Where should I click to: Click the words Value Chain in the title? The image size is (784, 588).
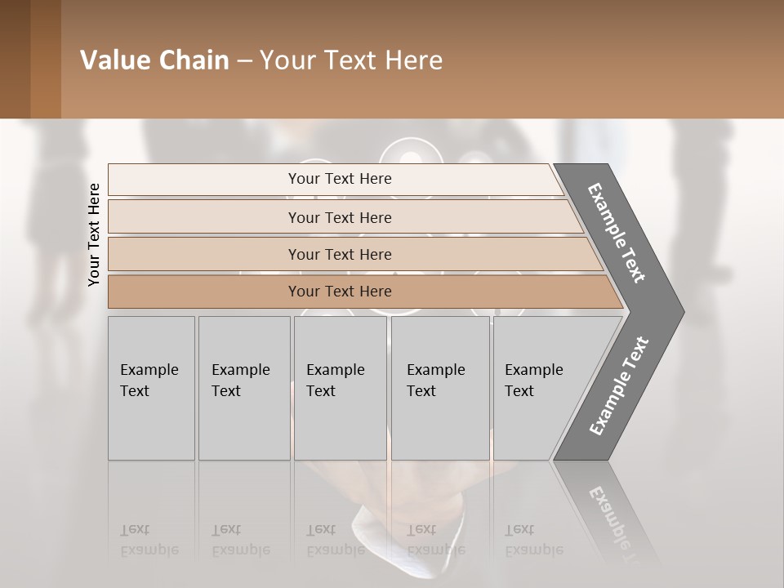coord(154,60)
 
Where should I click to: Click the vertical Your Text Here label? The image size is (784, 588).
coord(94,234)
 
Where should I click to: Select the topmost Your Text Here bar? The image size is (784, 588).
coord(339,179)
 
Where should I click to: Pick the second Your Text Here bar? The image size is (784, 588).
coord(339,217)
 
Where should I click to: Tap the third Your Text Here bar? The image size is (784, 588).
coord(339,254)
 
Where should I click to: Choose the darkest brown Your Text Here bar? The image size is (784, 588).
coord(339,292)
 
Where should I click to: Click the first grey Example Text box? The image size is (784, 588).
coord(151,388)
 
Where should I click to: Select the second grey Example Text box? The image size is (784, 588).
coord(243,388)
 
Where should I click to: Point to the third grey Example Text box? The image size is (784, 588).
coord(339,388)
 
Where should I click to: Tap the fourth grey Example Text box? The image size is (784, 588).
coord(439,388)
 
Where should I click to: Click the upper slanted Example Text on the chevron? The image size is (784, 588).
coord(617,233)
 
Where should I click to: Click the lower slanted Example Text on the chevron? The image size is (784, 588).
coord(619,385)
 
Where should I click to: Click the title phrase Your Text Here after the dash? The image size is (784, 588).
coord(351,60)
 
